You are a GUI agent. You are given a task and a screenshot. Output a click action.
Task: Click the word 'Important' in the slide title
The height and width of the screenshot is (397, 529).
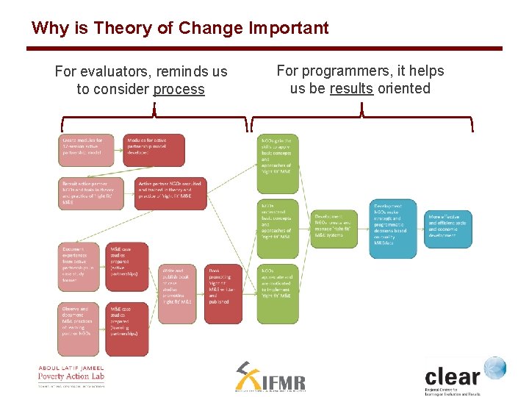coord(289,29)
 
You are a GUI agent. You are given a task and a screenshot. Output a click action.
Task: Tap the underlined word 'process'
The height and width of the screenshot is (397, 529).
coord(179,90)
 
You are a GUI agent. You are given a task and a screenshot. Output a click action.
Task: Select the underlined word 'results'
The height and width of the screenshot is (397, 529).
coord(351,88)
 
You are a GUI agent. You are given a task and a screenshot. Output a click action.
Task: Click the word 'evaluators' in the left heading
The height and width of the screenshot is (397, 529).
coord(117,72)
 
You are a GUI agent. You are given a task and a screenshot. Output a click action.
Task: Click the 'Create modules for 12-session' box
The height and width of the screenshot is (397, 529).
coord(86,150)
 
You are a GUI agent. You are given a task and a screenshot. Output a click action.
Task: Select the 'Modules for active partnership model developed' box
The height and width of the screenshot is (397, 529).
coord(154,150)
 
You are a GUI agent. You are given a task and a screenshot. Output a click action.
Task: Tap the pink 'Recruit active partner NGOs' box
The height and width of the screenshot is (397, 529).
coord(86,193)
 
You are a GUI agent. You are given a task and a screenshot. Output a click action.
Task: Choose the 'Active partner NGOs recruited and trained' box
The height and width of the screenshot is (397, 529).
coord(170,193)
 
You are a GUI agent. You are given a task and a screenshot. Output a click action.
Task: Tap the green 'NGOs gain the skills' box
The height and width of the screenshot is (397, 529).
coord(278,156)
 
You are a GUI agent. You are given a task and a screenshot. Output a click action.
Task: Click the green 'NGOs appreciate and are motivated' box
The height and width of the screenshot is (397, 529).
coord(278,293)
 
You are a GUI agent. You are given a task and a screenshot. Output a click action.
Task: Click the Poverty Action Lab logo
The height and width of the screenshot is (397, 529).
coord(71,376)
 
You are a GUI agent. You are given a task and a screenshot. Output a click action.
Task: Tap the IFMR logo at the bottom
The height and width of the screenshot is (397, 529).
coord(270,378)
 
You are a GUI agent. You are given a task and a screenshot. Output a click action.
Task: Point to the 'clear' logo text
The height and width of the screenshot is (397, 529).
coord(452,377)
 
